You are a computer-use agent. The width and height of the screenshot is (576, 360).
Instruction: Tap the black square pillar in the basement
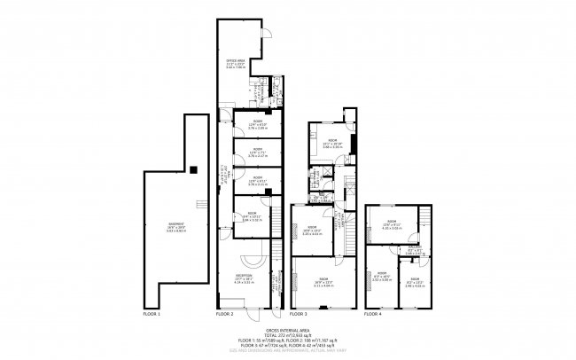coord(191,168)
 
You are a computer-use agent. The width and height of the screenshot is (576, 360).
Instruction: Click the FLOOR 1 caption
coord(152,315)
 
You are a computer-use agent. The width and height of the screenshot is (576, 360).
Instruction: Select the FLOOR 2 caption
coord(225,315)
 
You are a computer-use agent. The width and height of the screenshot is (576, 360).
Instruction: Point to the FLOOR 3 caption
coord(300,315)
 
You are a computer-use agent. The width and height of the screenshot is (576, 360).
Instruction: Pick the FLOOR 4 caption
coord(374,315)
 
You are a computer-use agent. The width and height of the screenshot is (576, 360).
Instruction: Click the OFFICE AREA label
coord(235,63)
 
